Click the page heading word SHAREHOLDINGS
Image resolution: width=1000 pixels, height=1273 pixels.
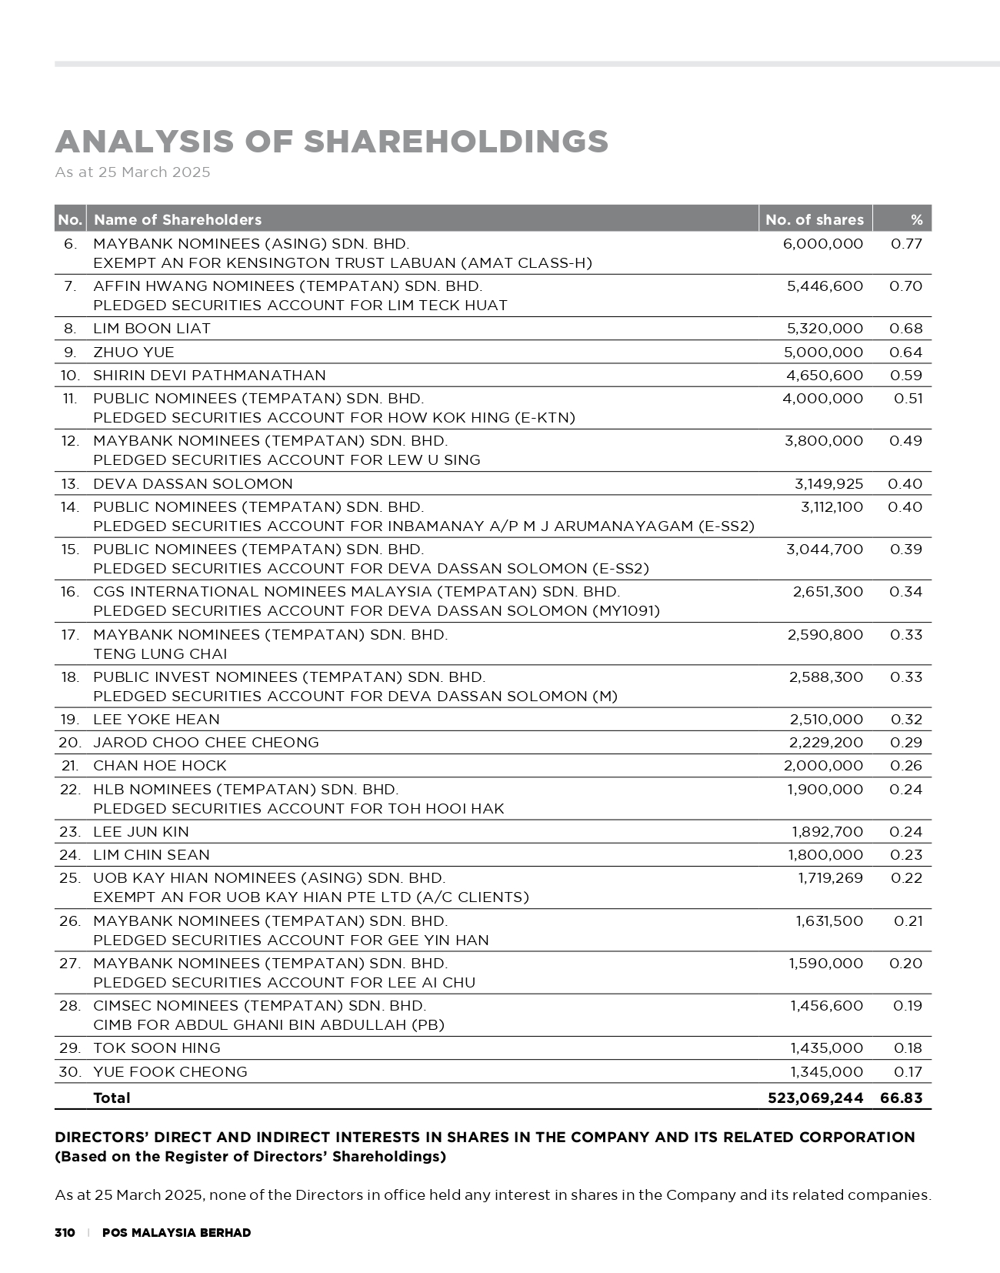455,142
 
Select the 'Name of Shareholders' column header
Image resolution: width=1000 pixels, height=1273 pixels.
178,220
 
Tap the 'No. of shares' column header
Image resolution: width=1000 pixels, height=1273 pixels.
814,220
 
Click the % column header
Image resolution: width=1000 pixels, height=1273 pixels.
915,220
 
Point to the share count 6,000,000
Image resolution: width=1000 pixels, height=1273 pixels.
822,244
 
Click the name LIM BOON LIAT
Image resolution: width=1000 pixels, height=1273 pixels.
152,329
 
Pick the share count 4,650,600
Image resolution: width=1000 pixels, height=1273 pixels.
822,376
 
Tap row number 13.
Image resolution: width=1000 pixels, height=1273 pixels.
70,484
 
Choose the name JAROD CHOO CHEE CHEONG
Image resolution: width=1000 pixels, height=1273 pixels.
205,743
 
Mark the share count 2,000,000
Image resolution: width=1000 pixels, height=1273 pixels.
822,766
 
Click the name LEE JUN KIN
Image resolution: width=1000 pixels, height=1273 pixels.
141,832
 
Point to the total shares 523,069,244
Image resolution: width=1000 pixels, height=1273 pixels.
815,1098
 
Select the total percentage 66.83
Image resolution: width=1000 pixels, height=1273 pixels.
901,1098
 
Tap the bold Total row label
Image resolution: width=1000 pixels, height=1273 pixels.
112,1098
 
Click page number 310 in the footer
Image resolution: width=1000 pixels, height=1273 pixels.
65,1233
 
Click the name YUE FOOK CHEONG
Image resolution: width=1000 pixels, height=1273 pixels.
170,1072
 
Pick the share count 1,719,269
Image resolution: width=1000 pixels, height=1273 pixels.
830,878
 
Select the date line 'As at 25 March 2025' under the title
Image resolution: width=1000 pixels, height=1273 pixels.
132,172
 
